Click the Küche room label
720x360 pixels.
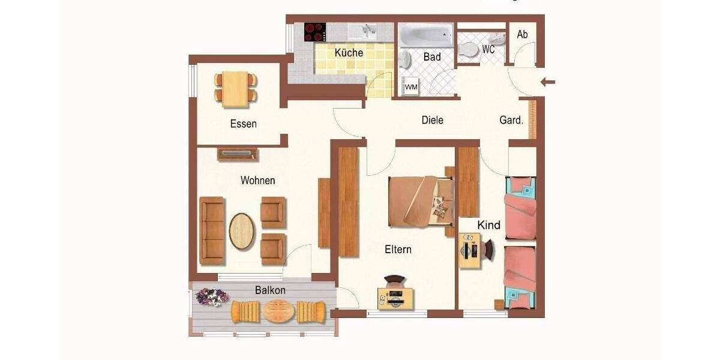349,52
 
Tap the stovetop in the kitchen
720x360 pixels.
314,32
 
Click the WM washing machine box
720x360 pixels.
411,87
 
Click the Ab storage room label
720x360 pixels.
522,34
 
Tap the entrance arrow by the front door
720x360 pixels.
548,82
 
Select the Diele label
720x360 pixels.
432,120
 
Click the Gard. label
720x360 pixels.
511,120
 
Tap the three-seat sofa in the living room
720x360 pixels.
212,231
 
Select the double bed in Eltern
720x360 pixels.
418,202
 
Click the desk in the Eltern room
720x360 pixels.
395,298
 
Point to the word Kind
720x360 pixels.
488,225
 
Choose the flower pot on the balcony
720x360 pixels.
212,296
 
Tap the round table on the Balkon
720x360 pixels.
279,311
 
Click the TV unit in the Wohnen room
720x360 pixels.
238,154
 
